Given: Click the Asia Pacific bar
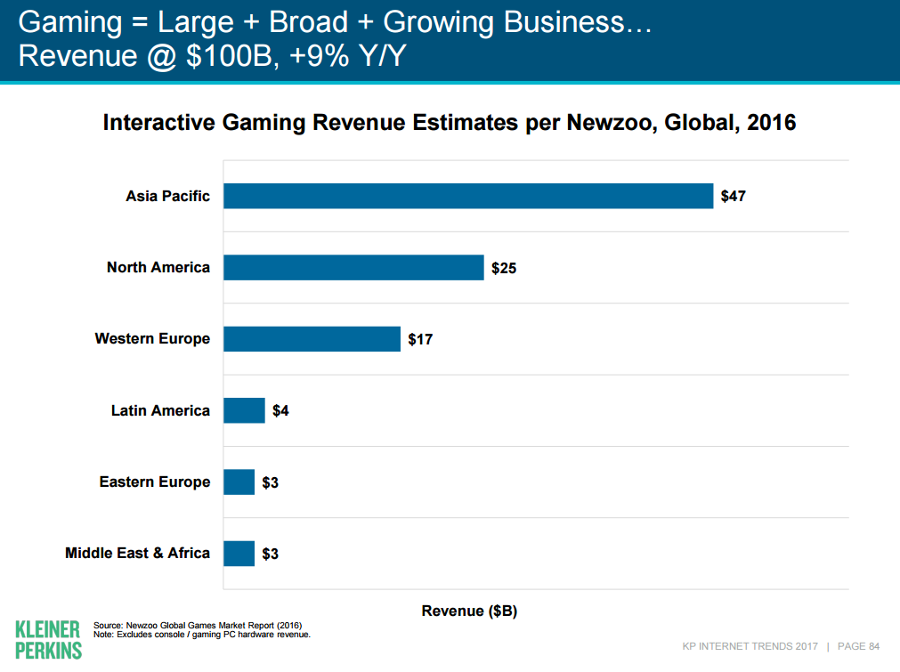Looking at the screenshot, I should click(468, 196).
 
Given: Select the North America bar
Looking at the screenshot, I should click(353, 267).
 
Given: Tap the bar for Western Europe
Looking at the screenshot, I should click(312, 339).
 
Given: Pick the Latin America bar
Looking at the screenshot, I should click(244, 410).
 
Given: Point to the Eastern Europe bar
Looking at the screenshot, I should click(239, 482).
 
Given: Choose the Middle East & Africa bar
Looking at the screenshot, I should click(239, 554).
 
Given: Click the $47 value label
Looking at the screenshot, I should click(733, 196).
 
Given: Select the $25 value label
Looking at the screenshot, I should click(503, 268).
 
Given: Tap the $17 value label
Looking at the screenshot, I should click(420, 339).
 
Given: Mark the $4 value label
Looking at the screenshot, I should click(280, 411).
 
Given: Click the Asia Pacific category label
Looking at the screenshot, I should click(167, 196).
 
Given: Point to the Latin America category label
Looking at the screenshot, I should click(160, 410).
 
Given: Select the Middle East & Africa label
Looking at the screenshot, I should click(137, 554).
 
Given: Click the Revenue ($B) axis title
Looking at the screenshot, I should click(469, 611).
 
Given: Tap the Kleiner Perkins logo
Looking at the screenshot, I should click(48, 639).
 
